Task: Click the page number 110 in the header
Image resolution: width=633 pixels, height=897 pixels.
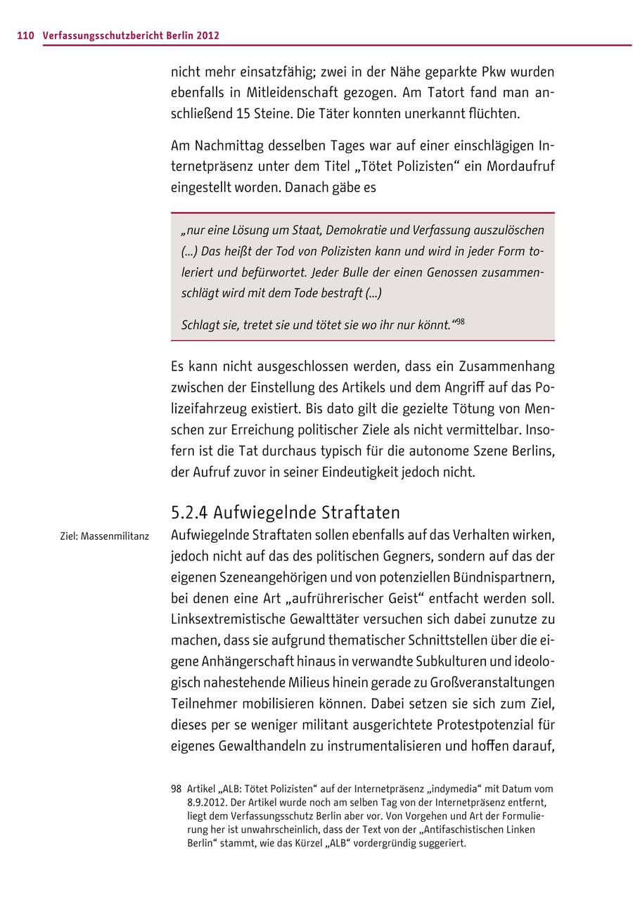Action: (x=25, y=34)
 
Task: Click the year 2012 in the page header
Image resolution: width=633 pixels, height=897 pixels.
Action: (x=208, y=34)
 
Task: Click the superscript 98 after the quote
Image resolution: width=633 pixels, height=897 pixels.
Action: (x=460, y=322)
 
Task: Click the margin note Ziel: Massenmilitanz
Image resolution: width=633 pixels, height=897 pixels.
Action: (x=105, y=536)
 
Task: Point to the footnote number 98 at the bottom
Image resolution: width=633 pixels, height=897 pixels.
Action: (x=176, y=789)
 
